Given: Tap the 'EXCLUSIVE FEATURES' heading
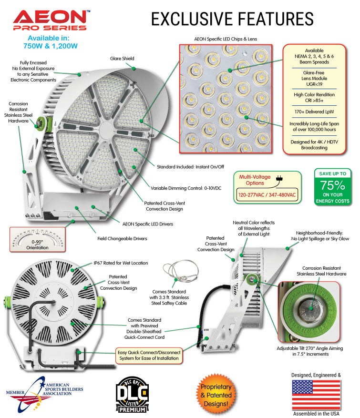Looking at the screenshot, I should click(x=232, y=19).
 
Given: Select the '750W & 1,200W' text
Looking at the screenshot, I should click(x=51, y=46).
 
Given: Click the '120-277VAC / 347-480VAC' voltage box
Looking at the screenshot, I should click(x=267, y=195).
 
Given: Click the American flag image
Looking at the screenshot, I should click(x=316, y=394).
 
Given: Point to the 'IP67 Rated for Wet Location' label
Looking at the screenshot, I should click(x=120, y=263).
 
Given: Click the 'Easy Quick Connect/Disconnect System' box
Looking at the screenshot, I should click(x=149, y=355).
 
